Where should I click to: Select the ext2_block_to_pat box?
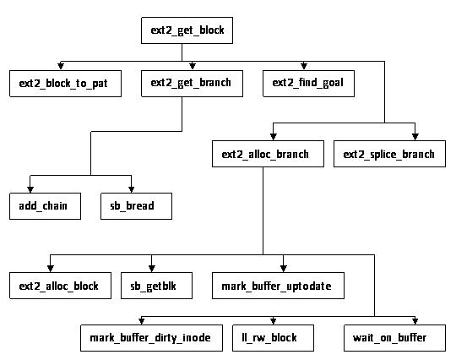click(64, 84)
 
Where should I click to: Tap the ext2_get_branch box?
click(191, 84)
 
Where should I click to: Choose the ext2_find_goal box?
click(307, 84)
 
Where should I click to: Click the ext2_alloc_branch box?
click(266, 155)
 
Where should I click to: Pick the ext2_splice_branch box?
click(388, 155)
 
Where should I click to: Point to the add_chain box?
click(44, 205)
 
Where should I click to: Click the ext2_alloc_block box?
click(59, 286)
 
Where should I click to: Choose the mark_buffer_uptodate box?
click(277, 286)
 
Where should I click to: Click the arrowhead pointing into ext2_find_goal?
click(304, 67)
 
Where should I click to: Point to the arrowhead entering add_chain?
click(30, 188)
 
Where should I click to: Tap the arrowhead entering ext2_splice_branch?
click(414, 138)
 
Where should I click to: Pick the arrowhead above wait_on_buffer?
click(414, 322)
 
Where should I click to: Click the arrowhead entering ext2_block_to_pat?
click(60, 67)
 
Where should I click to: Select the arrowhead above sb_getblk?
click(152, 269)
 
